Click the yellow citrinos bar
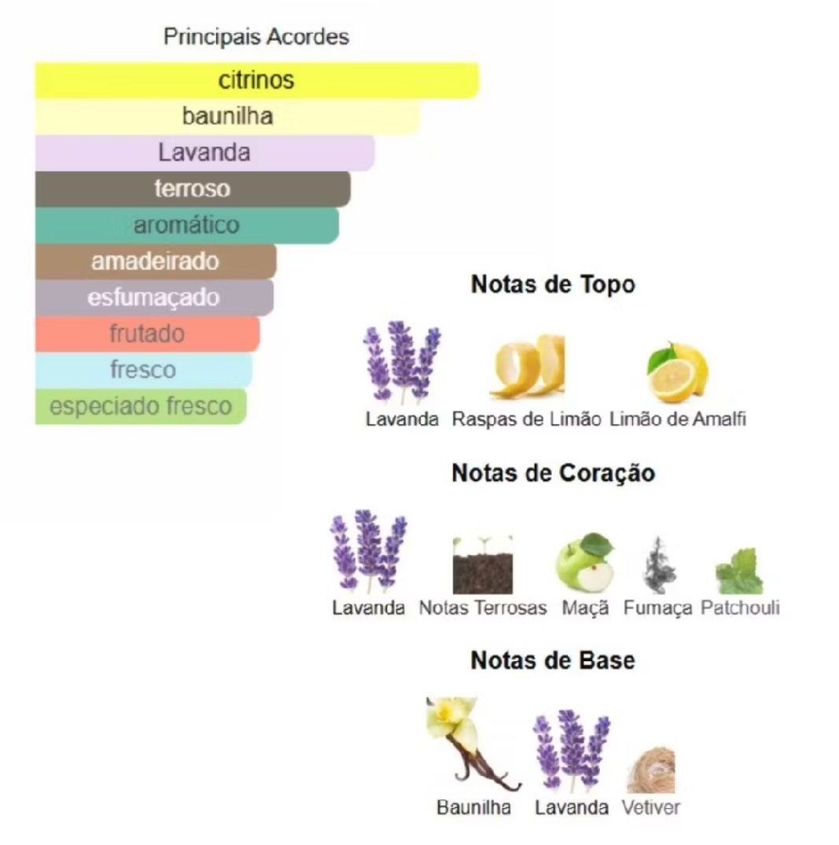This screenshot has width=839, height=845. click(256, 80)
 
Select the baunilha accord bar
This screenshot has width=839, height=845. click(227, 116)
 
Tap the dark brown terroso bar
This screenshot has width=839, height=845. click(193, 189)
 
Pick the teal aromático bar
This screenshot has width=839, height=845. click(187, 226)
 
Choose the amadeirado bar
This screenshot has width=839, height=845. click(156, 262)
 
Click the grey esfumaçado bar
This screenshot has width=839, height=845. click(154, 297)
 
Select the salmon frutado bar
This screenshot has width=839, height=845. click(147, 333)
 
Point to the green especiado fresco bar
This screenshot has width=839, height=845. click(141, 406)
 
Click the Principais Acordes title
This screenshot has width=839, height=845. click(256, 37)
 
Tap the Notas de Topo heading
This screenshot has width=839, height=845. click(553, 285)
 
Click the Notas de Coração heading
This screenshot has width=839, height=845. click(554, 473)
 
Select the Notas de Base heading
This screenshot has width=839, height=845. click(553, 660)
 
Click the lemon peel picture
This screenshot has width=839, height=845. click(528, 366)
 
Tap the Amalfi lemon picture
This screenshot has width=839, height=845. click(678, 373)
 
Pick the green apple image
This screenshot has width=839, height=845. click(585, 562)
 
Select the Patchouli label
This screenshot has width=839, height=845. click(741, 608)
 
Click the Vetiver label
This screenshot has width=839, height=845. click(651, 807)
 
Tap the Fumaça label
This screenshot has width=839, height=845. click(658, 608)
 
